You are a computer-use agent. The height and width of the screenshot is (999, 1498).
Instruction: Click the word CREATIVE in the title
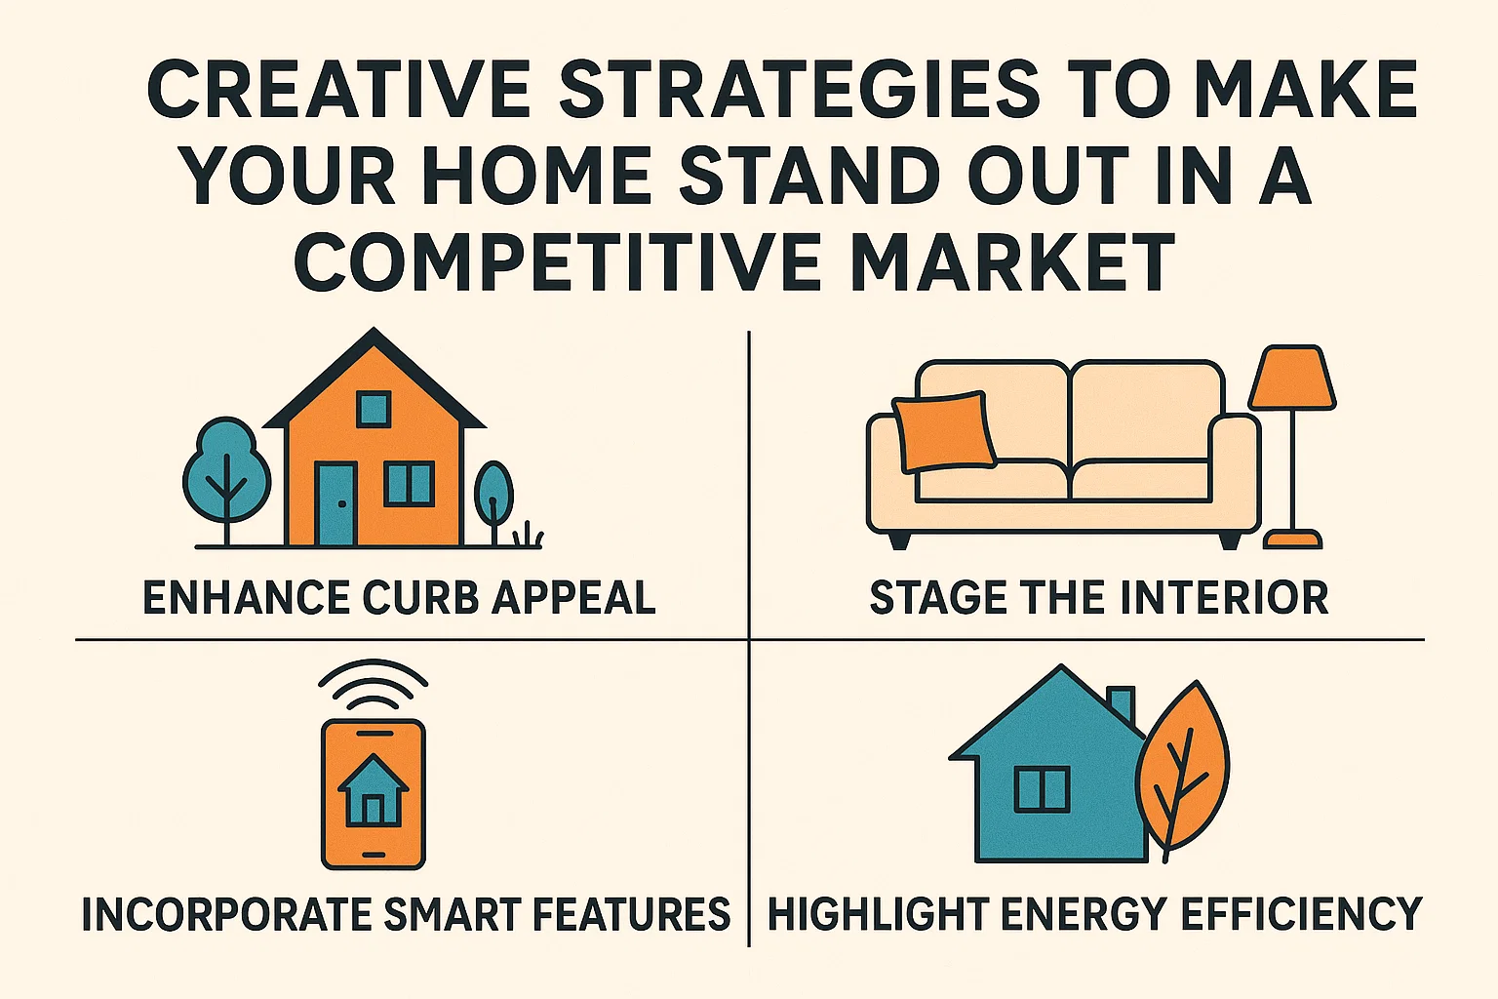pyautogui.click(x=338, y=90)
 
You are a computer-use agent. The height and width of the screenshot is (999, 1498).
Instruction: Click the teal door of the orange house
pyautogui.click(x=335, y=503)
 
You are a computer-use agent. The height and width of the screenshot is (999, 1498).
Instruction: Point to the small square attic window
pyautogui.click(x=373, y=409)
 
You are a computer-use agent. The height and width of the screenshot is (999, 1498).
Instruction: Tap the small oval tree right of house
pyautogui.click(x=493, y=494)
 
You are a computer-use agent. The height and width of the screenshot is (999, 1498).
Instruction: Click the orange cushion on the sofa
pyautogui.click(x=943, y=430)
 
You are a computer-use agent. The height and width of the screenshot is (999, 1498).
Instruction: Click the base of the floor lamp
pyautogui.click(x=1292, y=539)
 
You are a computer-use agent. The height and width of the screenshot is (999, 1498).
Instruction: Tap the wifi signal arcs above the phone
pyautogui.click(x=374, y=683)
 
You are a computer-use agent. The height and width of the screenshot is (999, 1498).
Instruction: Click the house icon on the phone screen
pyautogui.click(x=373, y=790)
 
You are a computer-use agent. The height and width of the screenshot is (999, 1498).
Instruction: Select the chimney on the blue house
pyautogui.click(x=1121, y=704)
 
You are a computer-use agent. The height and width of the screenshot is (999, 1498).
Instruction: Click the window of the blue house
pyautogui.click(x=1042, y=789)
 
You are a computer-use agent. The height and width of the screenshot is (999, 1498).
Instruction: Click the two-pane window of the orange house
pyautogui.click(x=409, y=484)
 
